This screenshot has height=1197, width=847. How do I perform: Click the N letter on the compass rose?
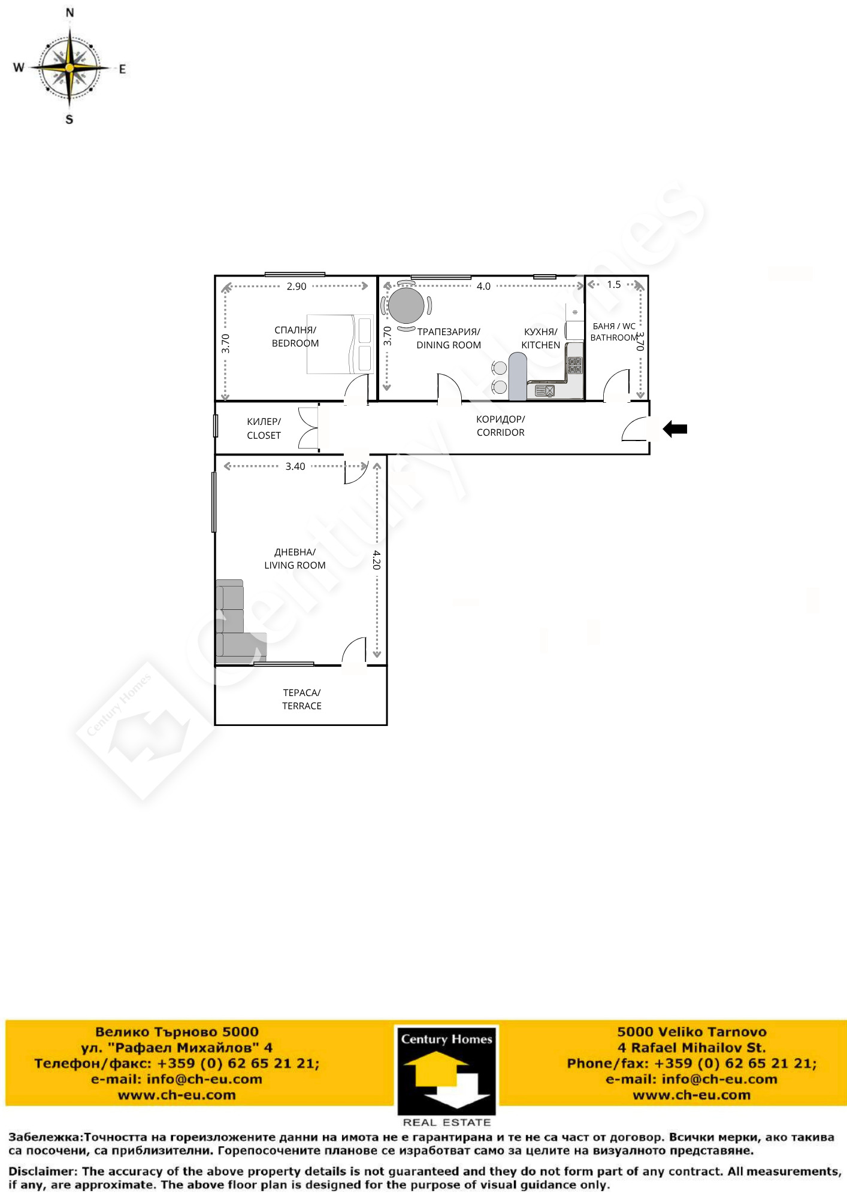click(69, 12)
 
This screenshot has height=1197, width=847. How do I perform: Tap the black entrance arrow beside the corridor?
click(675, 429)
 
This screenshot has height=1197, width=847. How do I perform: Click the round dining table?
click(406, 305)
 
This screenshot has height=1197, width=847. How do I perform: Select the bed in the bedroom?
click(340, 344)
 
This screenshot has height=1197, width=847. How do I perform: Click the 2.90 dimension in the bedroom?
click(297, 287)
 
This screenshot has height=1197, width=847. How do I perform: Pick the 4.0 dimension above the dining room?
click(483, 286)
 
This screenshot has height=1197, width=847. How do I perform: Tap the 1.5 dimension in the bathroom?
click(614, 285)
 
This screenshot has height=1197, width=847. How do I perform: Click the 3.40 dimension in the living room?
click(295, 466)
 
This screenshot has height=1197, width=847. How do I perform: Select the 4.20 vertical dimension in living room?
click(376, 560)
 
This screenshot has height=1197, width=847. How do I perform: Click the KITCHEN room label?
click(541, 345)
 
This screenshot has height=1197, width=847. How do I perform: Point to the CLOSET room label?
click(264, 436)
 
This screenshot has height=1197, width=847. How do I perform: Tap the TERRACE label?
click(302, 706)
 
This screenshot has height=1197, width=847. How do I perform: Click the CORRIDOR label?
click(501, 433)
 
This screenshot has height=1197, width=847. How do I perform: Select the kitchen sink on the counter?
click(545, 391)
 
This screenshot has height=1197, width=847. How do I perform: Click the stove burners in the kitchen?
click(575, 365)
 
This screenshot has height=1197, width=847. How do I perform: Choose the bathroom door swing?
click(616, 385)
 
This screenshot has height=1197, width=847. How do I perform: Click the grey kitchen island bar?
click(518, 376)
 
